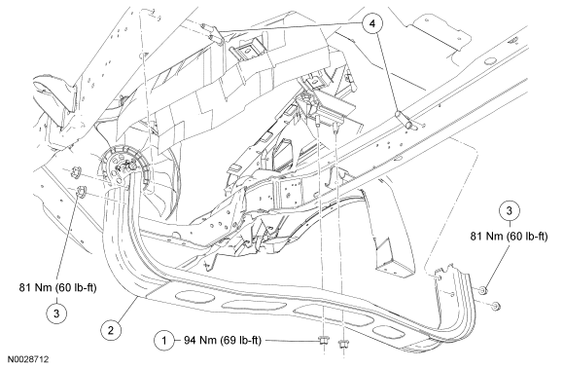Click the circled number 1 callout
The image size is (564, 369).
(164, 340)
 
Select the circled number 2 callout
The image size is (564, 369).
(111, 330)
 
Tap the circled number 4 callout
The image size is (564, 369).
(371, 23)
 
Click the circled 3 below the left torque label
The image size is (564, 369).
(56, 313)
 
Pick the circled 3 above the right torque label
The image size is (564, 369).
(509, 210)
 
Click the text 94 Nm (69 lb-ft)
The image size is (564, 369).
(223, 340)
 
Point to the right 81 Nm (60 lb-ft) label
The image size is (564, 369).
(509, 237)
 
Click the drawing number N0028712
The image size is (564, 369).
(27, 359)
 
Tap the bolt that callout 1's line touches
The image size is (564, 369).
(323, 341)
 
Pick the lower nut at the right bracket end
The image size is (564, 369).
(496, 306)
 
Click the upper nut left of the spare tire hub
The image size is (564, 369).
(76, 170)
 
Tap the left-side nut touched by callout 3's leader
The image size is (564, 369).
(82, 191)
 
